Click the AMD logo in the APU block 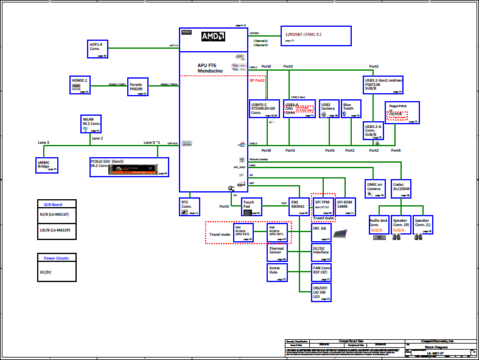coord(213,36)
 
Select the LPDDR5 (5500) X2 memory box coord(316,36)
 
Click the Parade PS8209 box coord(138,86)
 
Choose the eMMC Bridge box coord(47,164)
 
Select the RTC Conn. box coord(189,206)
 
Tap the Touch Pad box coord(251,206)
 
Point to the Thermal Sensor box coord(277,252)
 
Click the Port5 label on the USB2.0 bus coord(330,150)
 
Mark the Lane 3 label coord(43,142)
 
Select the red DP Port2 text coord(257,80)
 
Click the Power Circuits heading coord(57,258)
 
